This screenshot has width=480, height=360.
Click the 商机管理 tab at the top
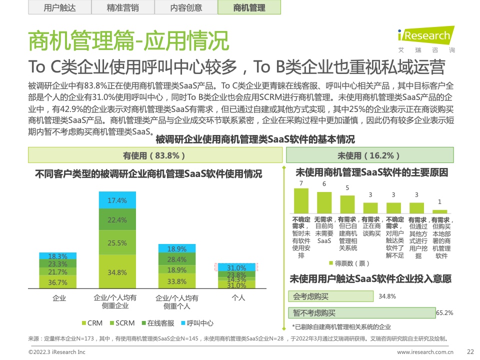pyautogui.click(x=249, y=8)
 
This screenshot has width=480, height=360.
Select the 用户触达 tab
pyautogui.click(x=59, y=8)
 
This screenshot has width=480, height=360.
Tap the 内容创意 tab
pyautogui.click(x=186, y=8)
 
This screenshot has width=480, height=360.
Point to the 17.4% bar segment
pyautogui.click(x=117, y=200)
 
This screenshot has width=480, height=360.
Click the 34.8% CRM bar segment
pyautogui.click(x=117, y=272)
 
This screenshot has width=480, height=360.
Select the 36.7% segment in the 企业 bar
pyautogui.click(x=58, y=282)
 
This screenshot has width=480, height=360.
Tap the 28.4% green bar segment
pyautogui.click(x=176, y=259)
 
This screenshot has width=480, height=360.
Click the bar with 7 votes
pyautogui.click(x=301, y=201)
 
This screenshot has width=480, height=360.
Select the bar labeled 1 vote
pyautogui.click(x=439, y=211)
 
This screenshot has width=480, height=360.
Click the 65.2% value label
pyautogui.click(x=444, y=313)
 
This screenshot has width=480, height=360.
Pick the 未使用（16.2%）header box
pyautogui.click(x=369, y=155)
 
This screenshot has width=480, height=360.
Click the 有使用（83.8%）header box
pyautogui.click(x=154, y=155)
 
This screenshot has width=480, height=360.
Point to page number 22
pyautogui.click(x=469, y=351)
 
